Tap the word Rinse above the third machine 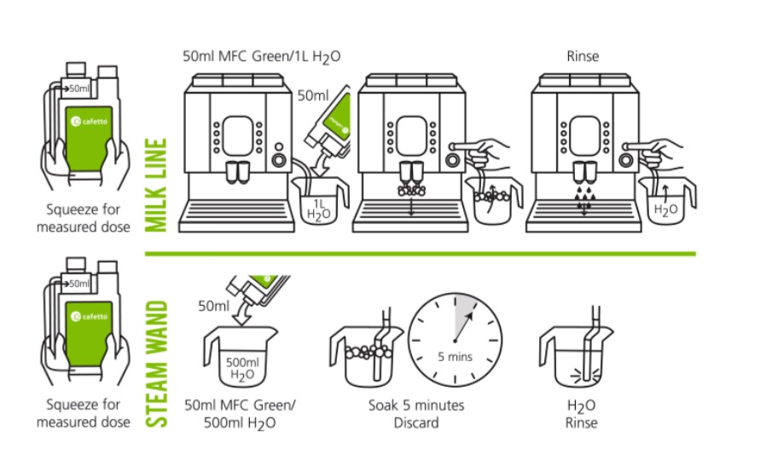click(583, 57)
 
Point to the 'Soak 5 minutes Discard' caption click(416, 413)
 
